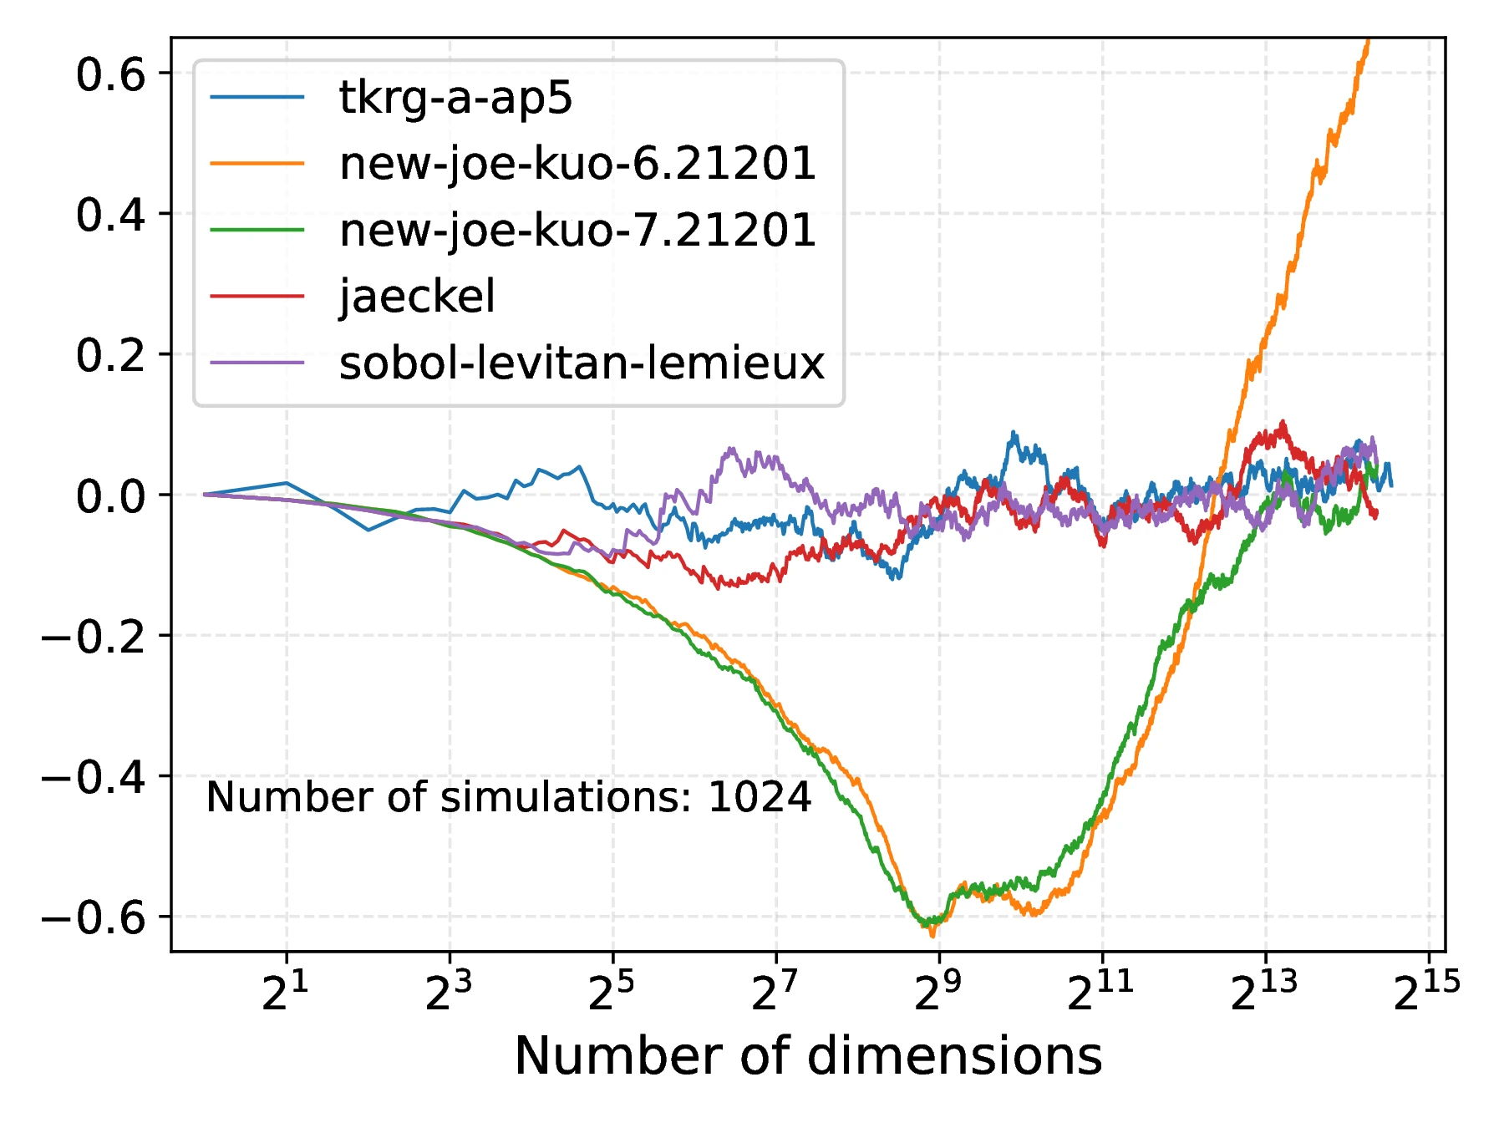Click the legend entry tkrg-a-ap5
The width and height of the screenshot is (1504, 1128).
click(x=455, y=98)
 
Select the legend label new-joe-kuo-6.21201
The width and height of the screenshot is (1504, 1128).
click(x=577, y=164)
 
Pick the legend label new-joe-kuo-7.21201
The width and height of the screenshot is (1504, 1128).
click(x=577, y=230)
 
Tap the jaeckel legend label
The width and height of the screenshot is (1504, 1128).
click(x=417, y=296)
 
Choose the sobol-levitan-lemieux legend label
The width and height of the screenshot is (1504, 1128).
click(x=582, y=363)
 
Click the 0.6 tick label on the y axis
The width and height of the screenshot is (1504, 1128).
click(x=110, y=75)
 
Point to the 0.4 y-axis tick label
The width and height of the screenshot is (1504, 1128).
click(x=110, y=216)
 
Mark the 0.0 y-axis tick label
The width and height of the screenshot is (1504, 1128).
click(x=110, y=497)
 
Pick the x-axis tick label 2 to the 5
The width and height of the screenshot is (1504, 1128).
click(x=612, y=993)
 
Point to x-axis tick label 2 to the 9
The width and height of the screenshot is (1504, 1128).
click(x=937, y=993)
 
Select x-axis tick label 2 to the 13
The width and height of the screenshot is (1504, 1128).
click(x=1263, y=993)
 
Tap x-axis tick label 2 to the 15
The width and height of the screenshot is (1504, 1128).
click(x=1426, y=993)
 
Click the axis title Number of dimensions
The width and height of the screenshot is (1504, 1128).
click(x=808, y=1056)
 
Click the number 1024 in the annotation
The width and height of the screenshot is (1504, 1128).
click(x=760, y=797)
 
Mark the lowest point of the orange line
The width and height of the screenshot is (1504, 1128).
click(x=932, y=936)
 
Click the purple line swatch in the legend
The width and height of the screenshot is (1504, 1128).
click(x=257, y=363)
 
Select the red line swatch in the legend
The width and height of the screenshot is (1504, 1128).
click(x=257, y=296)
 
